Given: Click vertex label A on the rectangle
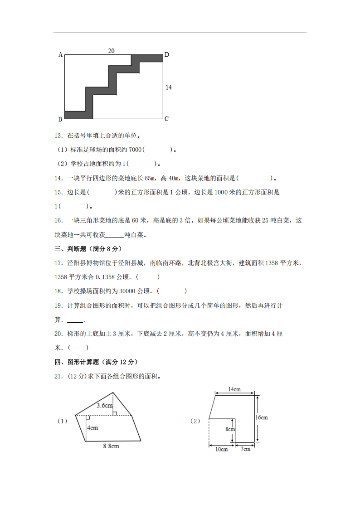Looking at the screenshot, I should point(60,55).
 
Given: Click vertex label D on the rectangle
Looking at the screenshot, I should point(166,55).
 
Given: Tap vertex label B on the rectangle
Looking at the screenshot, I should point(60,119).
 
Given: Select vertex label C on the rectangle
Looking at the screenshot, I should point(166,119).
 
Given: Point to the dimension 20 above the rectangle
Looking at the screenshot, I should point(111,51).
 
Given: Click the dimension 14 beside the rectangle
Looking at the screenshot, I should point(169,87).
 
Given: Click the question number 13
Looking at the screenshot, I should point(58,135).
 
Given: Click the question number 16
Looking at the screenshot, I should point(58,221).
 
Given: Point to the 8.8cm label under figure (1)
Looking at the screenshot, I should point(111,446).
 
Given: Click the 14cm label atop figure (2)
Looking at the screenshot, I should point(234,389).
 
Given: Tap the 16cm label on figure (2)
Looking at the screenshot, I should point(262,417).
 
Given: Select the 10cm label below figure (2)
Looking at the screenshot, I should point(221,449).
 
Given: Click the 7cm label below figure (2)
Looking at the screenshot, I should point(245,449).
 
